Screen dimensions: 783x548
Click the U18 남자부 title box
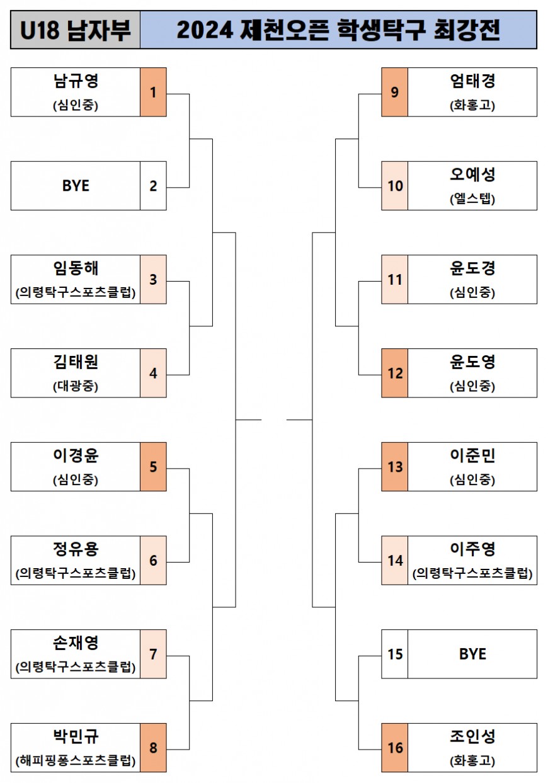tap(76, 30)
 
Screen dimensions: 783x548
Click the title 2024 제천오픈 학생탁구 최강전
tap(338, 30)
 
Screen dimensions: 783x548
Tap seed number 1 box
tap(153, 92)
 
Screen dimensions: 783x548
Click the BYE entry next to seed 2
tap(76, 186)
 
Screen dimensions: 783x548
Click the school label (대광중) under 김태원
tap(76, 386)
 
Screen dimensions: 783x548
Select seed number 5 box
tap(153, 467)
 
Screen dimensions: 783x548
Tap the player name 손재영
tap(76, 643)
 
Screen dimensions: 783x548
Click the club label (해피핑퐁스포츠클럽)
tap(76, 760)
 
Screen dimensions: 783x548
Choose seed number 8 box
tap(153, 748)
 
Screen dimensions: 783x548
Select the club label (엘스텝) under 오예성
tap(472, 199)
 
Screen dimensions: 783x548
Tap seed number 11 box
tap(395, 279)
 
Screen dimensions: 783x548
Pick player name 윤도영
tap(472, 362)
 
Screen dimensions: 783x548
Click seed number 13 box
tap(395, 467)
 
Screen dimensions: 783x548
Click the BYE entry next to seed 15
tap(472, 654)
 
